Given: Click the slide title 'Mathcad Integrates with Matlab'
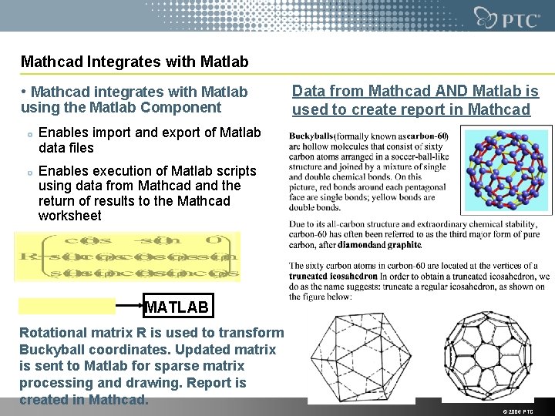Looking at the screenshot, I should tap(135, 60).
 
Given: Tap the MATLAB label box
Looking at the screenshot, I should tap(177, 307).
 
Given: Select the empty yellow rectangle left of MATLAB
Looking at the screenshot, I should tap(68, 306).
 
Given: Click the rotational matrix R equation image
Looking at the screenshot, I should tap(128, 256).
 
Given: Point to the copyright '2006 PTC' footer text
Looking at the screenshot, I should tap(516, 411).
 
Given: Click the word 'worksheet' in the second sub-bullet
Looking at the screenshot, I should tap(69, 216).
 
